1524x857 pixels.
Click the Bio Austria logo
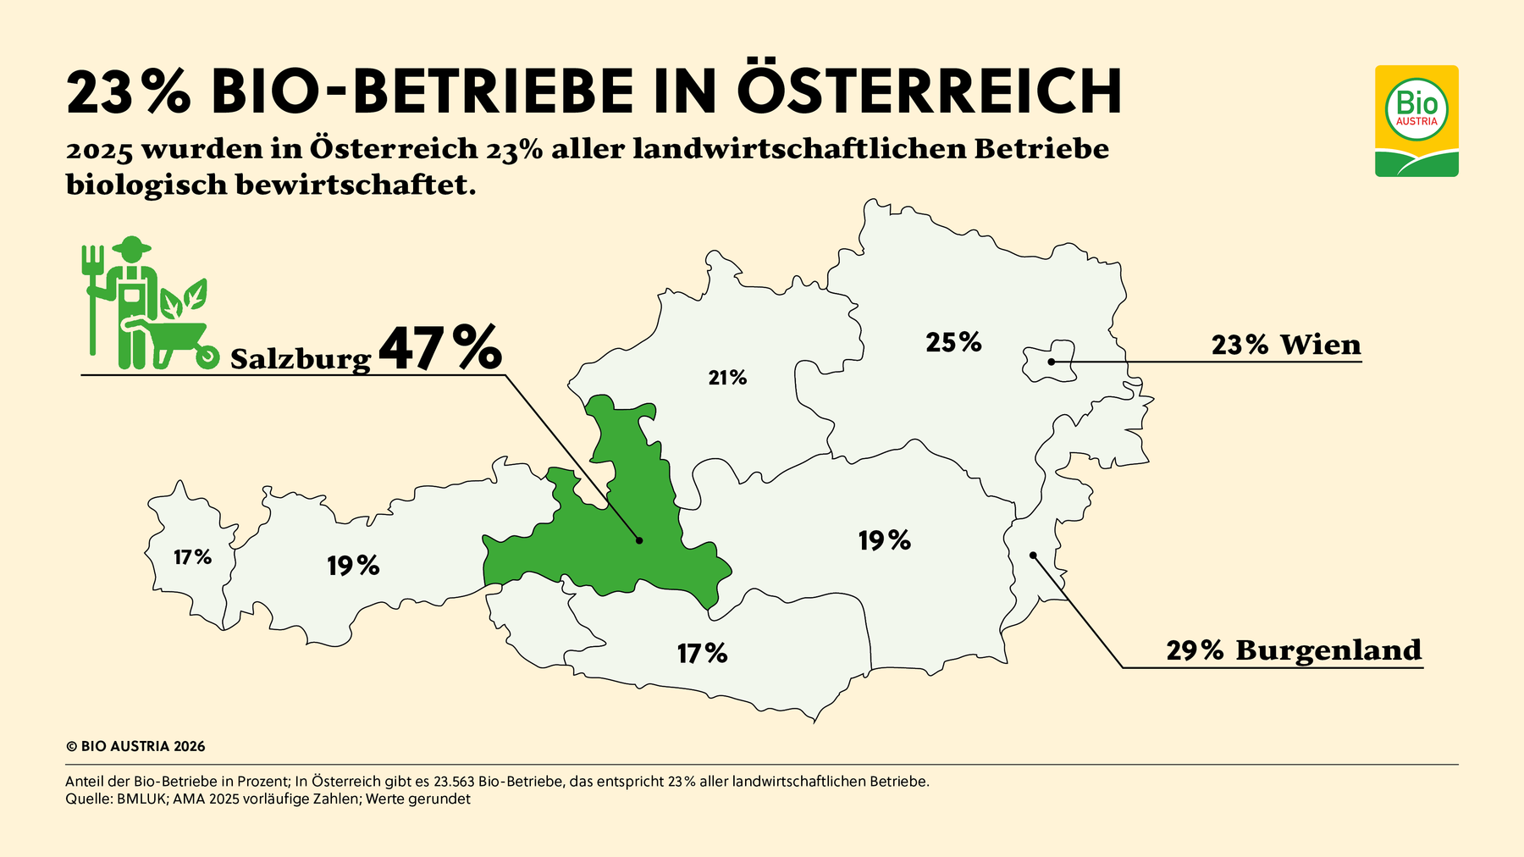coord(1416,120)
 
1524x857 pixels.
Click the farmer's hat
coord(130,246)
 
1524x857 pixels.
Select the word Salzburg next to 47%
coord(301,359)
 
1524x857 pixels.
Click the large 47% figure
coord(439,349)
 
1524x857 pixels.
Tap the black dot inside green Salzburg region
coord(639,540)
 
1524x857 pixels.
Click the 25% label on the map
coord(953,342)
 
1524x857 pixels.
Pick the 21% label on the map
coord(727,378)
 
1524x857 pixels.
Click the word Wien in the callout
coord(1320,345)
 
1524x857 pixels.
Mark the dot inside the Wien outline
coord(1051,362)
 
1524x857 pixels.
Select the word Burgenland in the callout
coord(1328,650)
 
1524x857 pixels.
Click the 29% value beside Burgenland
coord(1195,650)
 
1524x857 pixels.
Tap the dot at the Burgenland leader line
coord(1033,556)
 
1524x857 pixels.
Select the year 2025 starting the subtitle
coord(99,151)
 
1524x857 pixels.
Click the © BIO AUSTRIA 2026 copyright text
coord(135,747)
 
